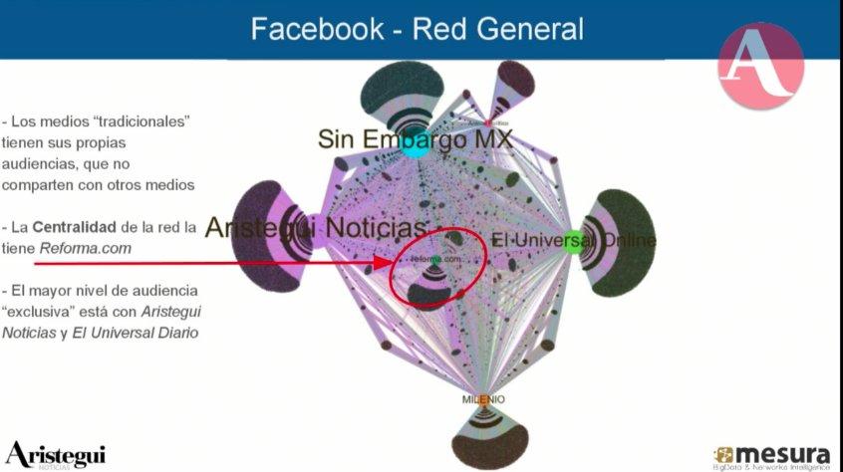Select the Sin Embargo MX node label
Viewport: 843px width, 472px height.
415,139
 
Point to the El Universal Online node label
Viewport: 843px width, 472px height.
574,240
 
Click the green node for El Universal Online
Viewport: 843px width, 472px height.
572,241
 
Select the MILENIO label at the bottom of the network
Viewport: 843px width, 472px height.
483,399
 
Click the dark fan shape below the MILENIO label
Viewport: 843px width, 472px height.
483,438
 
